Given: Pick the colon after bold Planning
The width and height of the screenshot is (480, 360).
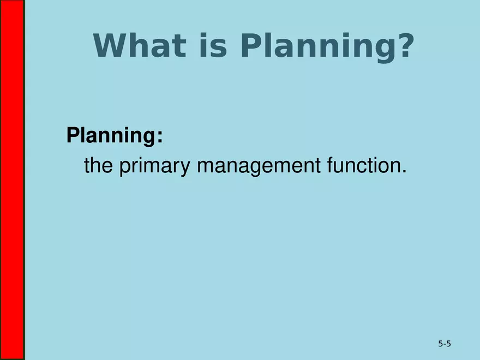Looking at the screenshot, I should pyautogui.click(x=159, y=138).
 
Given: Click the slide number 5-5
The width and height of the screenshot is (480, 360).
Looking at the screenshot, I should pyautogui.click(x=444, y=344).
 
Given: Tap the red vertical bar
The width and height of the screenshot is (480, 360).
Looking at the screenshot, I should pyautogui.click(x=12, y=180).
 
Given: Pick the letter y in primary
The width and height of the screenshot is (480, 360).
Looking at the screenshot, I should pyautogui.click(x=186, y=169).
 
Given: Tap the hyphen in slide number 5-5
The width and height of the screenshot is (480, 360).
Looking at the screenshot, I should pyautogui.click(x=444, y=345).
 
